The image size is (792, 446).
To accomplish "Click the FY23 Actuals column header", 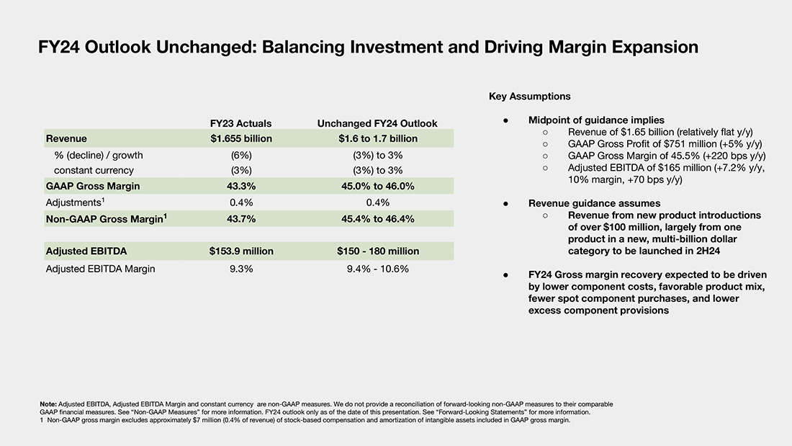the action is [x=241, y=123].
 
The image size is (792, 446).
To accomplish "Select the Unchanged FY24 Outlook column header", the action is [x=377, y=123].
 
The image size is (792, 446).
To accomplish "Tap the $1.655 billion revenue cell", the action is [x=241, y=138].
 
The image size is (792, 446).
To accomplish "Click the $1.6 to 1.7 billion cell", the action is [x=378, y=138].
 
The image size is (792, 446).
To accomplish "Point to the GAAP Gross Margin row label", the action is [x=93, y=186].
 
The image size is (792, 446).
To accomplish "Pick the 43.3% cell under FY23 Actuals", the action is [x=241, y=186].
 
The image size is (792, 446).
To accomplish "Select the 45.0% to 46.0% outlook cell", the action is [x=378, y=186].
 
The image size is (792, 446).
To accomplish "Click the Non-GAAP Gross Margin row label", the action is [x=107, y=218].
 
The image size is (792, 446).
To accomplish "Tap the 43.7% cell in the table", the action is [x=241, y=219].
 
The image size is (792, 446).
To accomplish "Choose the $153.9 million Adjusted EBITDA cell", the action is [x=241, y=251].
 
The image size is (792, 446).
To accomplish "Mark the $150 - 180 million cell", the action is [x=378, y=251].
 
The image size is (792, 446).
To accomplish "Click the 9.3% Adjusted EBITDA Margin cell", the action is [x=241, y=269].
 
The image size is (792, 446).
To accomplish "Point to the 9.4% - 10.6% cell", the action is [x=378, y=269].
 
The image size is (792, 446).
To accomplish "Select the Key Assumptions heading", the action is [x=530, y=97].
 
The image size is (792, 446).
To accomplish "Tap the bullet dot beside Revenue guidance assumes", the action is [x=505, y=204].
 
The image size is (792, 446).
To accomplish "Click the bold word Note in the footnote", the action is [x=48, y=404].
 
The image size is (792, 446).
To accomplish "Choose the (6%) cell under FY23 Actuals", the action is [x=241, y=155].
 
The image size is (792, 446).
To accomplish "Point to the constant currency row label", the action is [x=94, y=171].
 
